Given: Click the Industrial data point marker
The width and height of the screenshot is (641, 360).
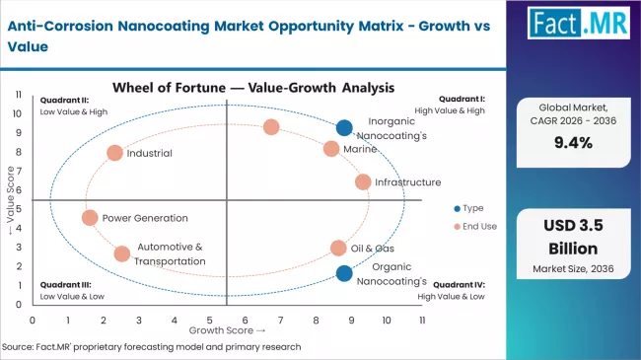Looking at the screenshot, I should pos(114,153).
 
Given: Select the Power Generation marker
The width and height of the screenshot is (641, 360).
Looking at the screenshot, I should pos(90,218).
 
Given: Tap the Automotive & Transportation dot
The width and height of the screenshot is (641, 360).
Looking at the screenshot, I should pos(121,253).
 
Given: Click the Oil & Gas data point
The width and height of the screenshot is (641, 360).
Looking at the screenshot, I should pos(338,248).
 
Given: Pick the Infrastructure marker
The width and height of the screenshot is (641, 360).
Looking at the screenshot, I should pos(363,181).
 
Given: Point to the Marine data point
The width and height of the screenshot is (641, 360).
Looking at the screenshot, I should pos(331,149).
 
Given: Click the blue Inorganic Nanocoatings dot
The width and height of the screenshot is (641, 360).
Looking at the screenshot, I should pos(343,127).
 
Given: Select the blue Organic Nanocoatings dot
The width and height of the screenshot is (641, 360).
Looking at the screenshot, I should pos(343,273).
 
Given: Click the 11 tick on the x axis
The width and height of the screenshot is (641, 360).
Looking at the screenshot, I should pos(422,321).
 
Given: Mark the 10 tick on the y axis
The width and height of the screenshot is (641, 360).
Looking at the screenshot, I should pos(17,113).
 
